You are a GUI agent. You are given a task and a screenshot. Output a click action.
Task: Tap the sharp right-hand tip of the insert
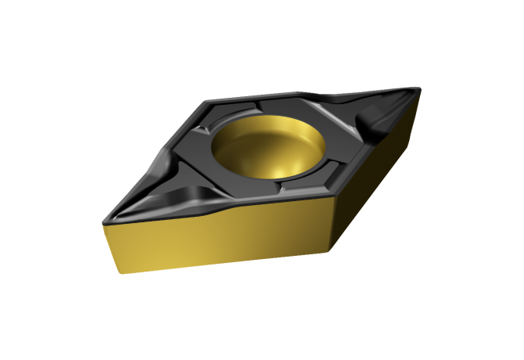point(421,88)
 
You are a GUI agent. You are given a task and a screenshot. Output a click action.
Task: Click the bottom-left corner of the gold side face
point(120,273)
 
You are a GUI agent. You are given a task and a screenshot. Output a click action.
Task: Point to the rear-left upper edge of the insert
point(156,157)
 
